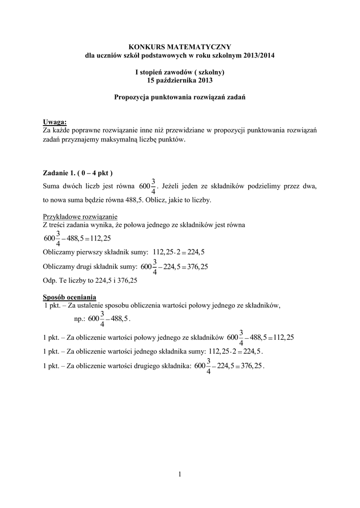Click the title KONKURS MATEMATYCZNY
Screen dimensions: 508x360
[180, 46]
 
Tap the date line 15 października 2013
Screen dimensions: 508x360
[180, 80]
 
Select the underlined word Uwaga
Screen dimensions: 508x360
[55, 123]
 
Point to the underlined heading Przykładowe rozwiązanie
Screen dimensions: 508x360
[79, 217]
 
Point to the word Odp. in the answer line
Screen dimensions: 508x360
[51, 280]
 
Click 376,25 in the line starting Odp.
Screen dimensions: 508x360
[127, 280]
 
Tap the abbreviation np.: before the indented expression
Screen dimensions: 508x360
[79, 318]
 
